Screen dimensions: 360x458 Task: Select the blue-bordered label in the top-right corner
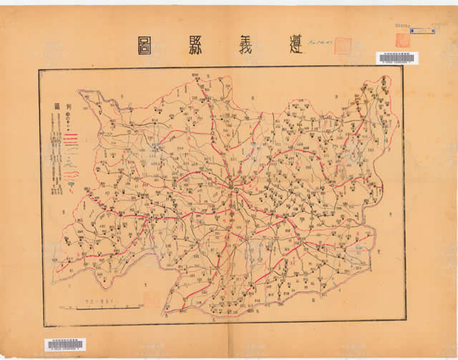pyautogui.click(x=424, y=31)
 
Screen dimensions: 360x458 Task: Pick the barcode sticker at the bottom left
pyautogui.click(x=64, y=345)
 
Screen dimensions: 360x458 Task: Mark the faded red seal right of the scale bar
pyautogui.click(x=149, y=298)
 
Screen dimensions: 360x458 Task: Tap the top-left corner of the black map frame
pyautogui.click(x=39, y=69)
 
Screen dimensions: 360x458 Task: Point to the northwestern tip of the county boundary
pyautogui.click(x=80, y=91)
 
